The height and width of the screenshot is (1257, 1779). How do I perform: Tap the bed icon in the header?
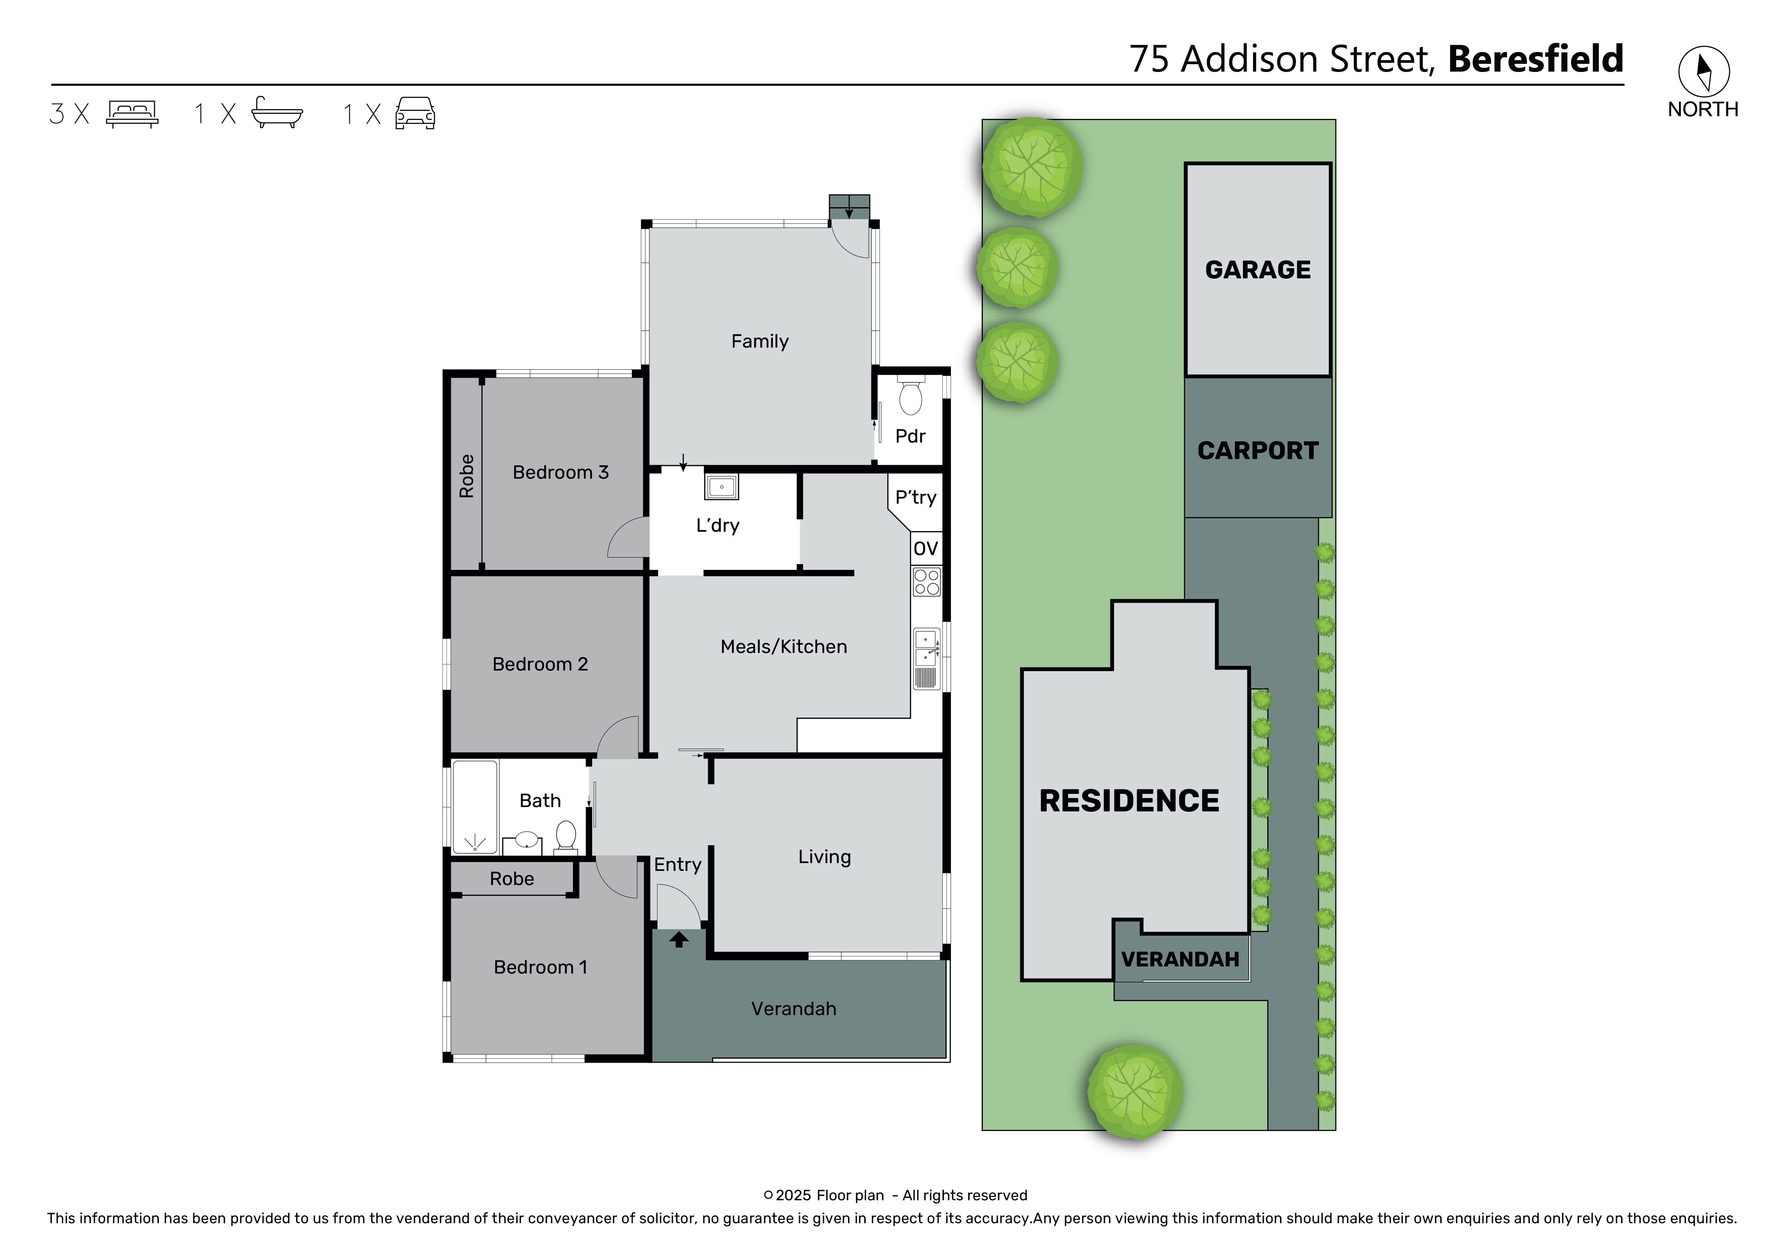click(x=133, y=114)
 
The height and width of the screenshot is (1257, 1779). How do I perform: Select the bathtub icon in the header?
click(x=277, y=113)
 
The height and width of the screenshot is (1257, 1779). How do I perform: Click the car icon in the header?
click(x=415, y=113)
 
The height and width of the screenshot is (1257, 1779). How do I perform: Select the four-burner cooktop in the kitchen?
click(x=927, y=582)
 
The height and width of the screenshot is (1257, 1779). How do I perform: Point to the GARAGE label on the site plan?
click(x=1257, y=270)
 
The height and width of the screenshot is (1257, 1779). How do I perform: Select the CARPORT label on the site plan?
click(x=1257, y=451)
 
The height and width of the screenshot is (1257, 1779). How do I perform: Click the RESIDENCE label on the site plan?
click(x=1129, y=801)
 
